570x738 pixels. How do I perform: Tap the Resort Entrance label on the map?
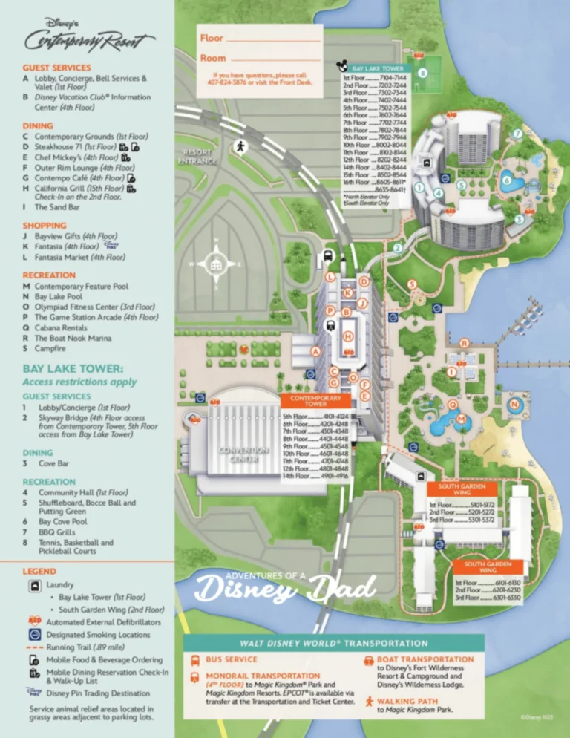click(x=197, y=156)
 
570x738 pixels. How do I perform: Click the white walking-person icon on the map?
click(x=240, y=146)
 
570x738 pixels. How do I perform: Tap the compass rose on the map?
click(x=216, y=264)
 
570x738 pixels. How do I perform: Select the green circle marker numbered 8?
click(x=422, y=74)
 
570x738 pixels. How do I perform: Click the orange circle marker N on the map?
click(x=514, y=404)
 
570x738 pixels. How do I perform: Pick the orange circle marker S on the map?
click(x=411, y=284)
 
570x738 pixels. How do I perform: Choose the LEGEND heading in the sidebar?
click(x=39, y=571)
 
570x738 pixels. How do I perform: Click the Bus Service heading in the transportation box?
click(x=231, y=659)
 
